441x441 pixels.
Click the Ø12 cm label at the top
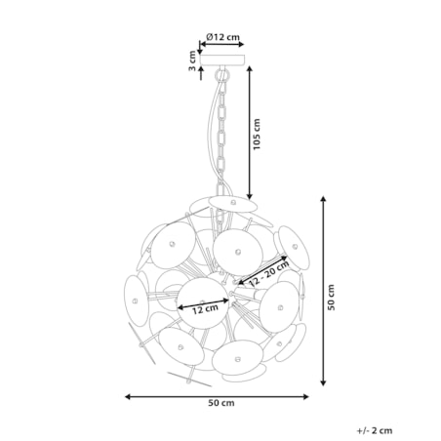click(222, 36)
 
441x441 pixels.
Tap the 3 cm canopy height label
click(192, 61)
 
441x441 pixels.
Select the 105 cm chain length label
click(257, 134)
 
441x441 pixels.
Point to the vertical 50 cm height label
click(331, 298)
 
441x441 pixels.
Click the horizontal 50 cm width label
click(221, 403)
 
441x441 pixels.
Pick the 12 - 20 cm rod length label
click(268, 273)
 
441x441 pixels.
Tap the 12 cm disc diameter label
click(205, 308)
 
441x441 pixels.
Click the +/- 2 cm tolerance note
click(375, 430)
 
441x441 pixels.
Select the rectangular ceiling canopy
click(222, 60)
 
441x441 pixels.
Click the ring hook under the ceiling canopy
click(222, 76)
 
